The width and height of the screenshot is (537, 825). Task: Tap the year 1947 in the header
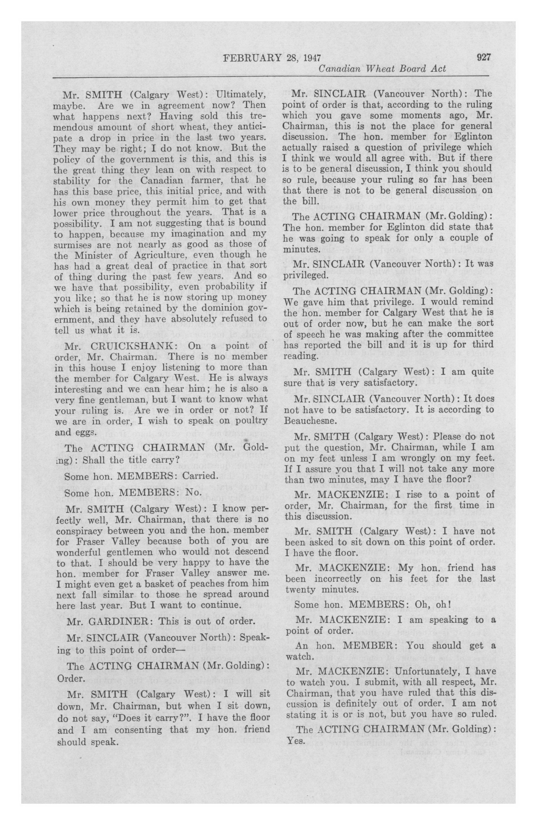tap(312, 58)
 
